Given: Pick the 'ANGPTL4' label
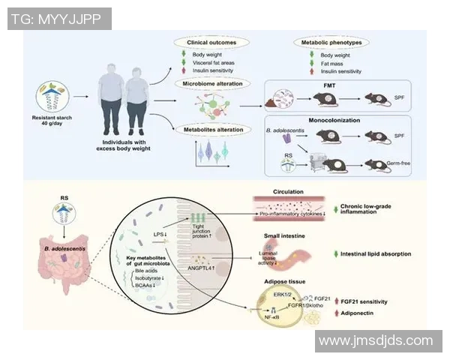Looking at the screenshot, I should (202, 268).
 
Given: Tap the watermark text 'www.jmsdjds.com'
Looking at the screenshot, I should (375, 341).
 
